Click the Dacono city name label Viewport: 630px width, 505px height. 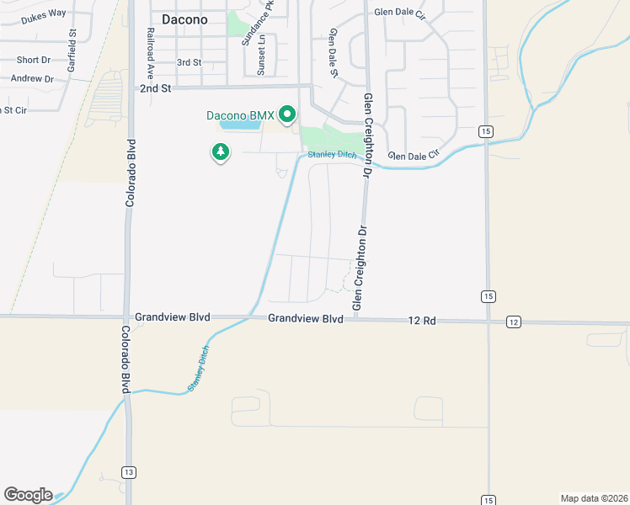[x=179, y=18]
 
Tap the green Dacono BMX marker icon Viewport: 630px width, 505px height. [x=287, y=114]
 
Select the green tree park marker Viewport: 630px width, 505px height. [x=221, y=152]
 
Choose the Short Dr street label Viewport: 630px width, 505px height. [x=34, y=60]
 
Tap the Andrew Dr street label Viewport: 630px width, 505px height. [x=32, y=78]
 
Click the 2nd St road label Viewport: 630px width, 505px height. [x=155, y=88]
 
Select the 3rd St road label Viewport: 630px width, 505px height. [x=189, y=62]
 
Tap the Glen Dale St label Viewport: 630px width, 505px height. [x=334, y=52]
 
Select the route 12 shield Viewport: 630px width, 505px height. [x=514, y=322]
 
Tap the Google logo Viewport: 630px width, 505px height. [x=28, y=495]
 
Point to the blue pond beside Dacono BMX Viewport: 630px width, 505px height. [x=240, y=125]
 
